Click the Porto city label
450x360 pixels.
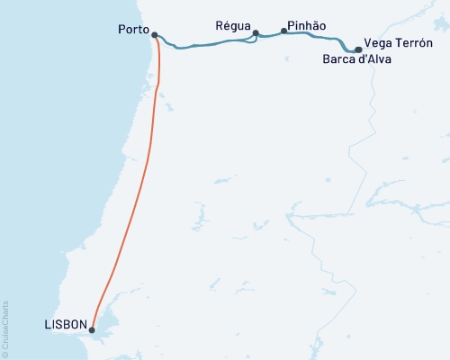pyautogui.click(x=133, y=30)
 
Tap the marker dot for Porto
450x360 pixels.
pyautogui.click(x=155, y=36)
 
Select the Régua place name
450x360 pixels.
pyautogui.click(x=235, y=25)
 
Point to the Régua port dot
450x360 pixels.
pyautogui.click(x=256, y=33)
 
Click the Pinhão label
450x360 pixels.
pyautogui.click(x=307, y=28)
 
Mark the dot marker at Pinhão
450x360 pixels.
pyautogui.click(x=284, y=31)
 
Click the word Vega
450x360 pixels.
pyautogui.click(x=378, y=43)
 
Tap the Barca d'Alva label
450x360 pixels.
pyautogui.click(x=357, y=60)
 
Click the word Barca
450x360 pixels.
pyautogui.click(x=337, y=60)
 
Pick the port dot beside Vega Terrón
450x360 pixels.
pyautogui.click(x=358, y=49)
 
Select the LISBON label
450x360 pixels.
pyautogui.click(x=65, y=325)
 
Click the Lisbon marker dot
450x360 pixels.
pyautogui.click(x=92, y=329)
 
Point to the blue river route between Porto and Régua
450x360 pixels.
pyautogui.click(x=207, y=44)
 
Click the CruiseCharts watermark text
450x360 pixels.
pyautogui.click(x=5, y=328)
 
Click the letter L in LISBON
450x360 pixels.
pyautogui.click(x=46, y=325)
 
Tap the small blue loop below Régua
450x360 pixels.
pyautogui.click(x=251, y=41)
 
